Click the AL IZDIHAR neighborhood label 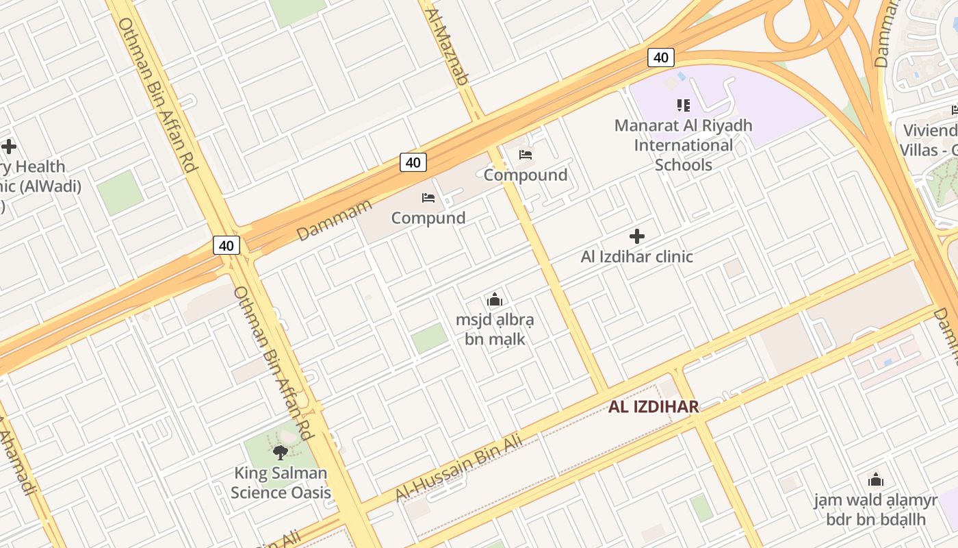click(653, 407)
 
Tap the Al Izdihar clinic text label click(636, 257)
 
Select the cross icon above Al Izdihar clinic click(637, 237)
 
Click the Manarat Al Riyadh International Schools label click(683, 145)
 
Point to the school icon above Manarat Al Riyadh click(683, 105)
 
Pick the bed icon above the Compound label click(526, 155)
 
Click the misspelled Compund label click(428, 218)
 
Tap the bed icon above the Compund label click(428, 199)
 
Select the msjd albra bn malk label click(495, 329)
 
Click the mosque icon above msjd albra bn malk click(495, 300)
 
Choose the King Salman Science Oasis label click(281, 482)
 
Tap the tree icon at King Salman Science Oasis click(280, 453)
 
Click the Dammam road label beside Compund click(335, 220)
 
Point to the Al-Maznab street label click(446, 47)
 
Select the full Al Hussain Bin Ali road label click(459, 469)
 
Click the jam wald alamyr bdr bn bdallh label click(875, 509)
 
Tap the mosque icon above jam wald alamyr click(875, 480)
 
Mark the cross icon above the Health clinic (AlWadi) click(9, 147)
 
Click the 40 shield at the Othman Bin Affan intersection click(226, 245)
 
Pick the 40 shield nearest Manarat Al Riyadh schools click(660, 58)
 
